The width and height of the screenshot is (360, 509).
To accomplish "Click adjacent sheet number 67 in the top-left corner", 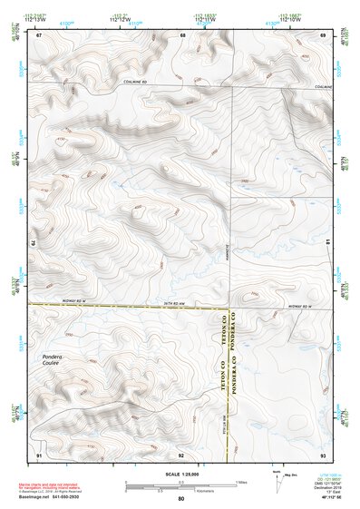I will [x=39, y=34].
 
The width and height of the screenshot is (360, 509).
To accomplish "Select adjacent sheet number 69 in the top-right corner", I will [x=323, y=34].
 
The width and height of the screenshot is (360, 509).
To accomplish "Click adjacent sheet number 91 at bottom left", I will [x=39, y=454].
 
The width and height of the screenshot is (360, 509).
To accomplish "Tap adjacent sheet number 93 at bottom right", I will [x=323, y=454].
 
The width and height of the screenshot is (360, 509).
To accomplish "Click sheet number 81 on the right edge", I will [x=327, y=241].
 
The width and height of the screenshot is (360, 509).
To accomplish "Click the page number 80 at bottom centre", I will [x=181, y=498].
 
